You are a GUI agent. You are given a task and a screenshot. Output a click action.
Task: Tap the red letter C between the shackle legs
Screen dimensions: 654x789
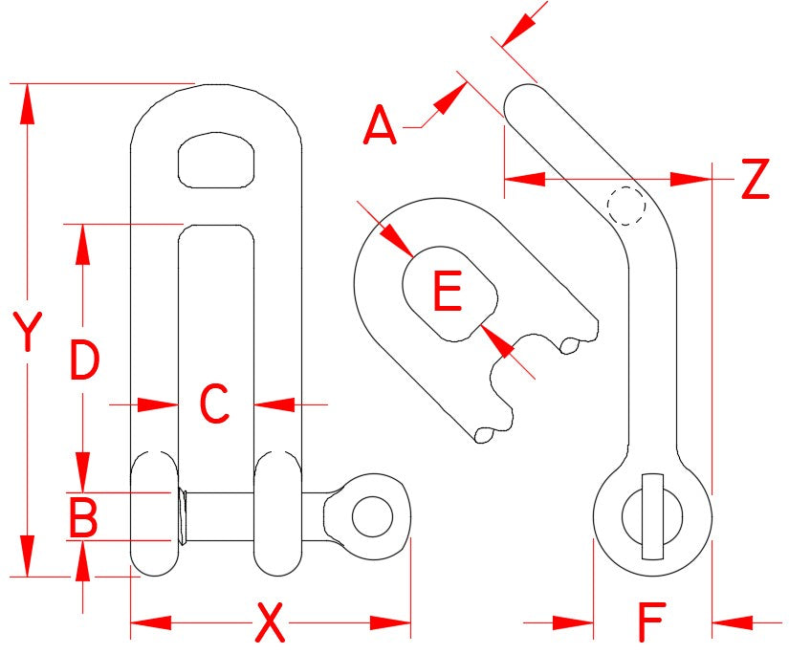214,404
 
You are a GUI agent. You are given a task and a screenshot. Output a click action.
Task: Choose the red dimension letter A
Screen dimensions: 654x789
380,127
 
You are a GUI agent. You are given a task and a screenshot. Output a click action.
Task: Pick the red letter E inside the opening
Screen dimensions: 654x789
447,293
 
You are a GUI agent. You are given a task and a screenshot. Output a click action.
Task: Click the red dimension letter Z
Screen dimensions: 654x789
755,180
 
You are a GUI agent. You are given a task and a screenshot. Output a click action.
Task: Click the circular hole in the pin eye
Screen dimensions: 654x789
371,517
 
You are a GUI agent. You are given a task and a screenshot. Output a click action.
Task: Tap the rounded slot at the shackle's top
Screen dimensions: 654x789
219,159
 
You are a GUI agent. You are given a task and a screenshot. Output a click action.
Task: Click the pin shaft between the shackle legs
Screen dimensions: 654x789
217,517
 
